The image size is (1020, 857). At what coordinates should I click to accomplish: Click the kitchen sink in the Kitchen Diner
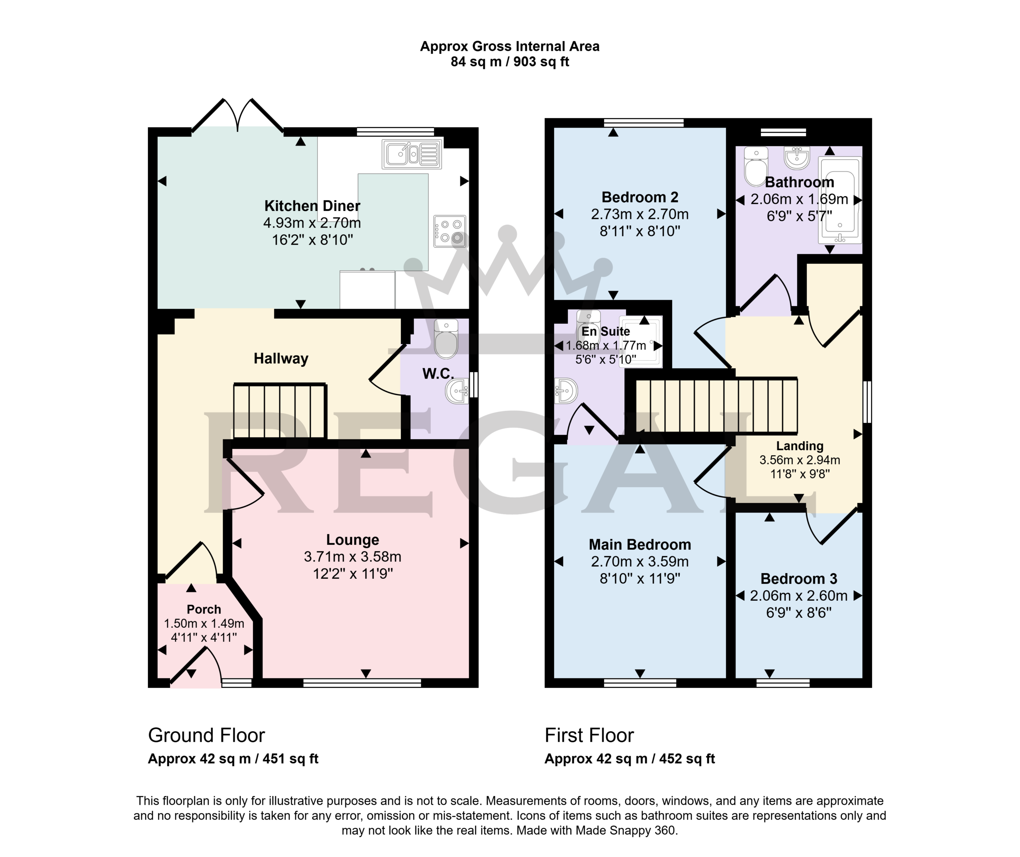pyautogui.click(x=412, y=154)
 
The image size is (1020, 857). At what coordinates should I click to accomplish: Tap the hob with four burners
pyautogui.click(x=450, y=231)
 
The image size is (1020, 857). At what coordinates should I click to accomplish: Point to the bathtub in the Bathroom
pyautogui.click(x=840, y=200)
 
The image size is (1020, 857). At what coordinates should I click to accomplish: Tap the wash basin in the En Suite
pyautogui.click(x=566, y=391)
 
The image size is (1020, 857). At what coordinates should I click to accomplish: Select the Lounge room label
pyautogui.click(x=353, y=540)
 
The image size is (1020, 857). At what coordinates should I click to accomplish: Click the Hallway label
pyautogui.click(x=281, y=358)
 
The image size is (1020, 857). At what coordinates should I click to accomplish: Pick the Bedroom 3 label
pyautogui.click(x=799, y=579)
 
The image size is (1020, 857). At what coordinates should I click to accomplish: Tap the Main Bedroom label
pyautogui.click(x=640, y=544)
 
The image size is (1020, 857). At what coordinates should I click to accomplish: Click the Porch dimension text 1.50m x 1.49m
pyautogui.click(x=204, y=623)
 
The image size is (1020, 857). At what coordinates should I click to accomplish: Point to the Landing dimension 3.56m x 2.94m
pyautogui.click(x=800, y=460)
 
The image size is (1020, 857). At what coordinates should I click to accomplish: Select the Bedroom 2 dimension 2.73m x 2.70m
pyautogui.click(x=640, y=214)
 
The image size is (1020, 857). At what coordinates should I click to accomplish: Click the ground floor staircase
pyautogui.click(x=280, y=411)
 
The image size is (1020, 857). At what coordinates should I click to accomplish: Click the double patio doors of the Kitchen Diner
pyautogui.click(x=238, y=116)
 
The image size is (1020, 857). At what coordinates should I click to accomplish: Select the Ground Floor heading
pyautogui.click(x=206, y=735)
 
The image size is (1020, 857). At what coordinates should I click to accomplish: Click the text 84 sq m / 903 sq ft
pyautogui.click(x=510, y=62)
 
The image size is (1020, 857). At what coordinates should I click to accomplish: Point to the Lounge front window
pyautogui.click(x=362, y=683)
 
